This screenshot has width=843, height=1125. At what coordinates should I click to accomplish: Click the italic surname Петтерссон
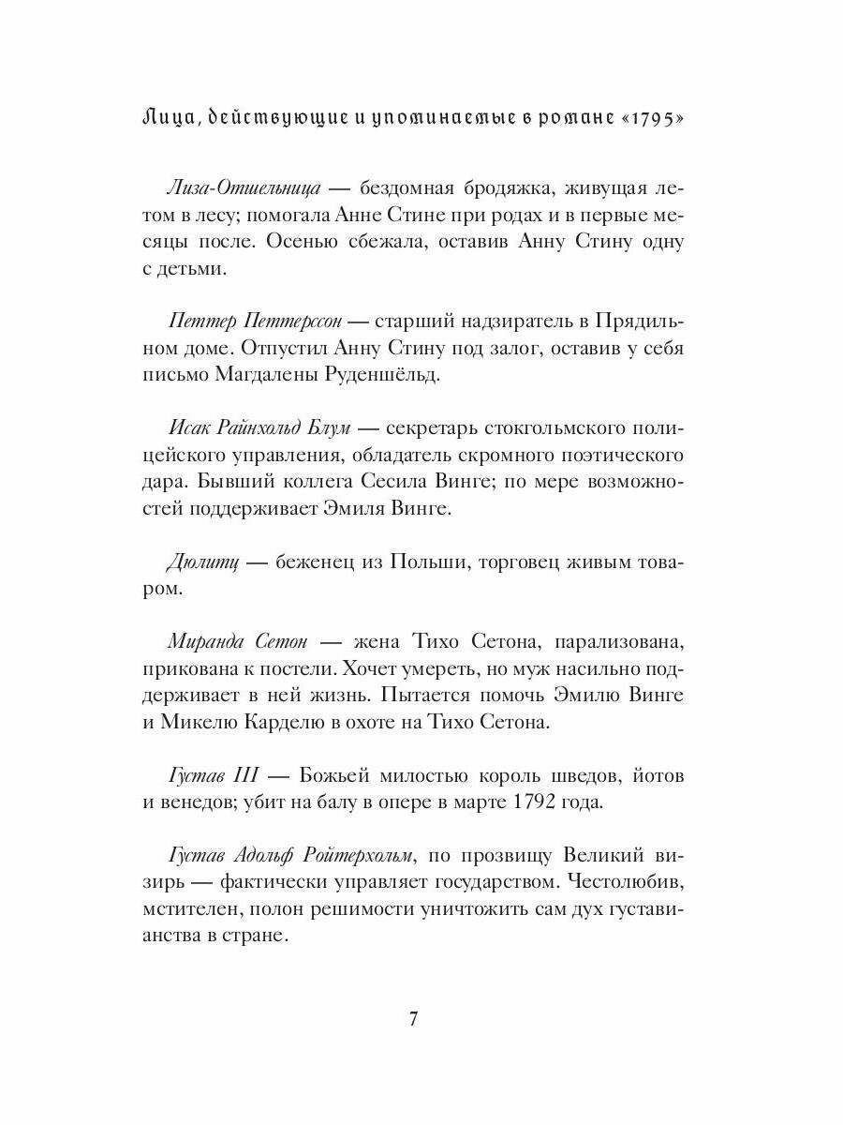tap(296, 322)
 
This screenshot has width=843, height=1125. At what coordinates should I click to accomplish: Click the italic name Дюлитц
tap(203, 562)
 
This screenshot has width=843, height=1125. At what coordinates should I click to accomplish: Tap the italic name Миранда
tap(207, 642)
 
